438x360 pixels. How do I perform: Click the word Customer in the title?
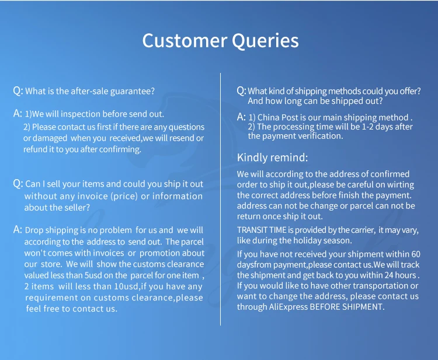185,40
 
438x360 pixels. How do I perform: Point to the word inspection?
81,114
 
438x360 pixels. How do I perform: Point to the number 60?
415,254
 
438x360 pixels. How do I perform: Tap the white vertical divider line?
220,200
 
